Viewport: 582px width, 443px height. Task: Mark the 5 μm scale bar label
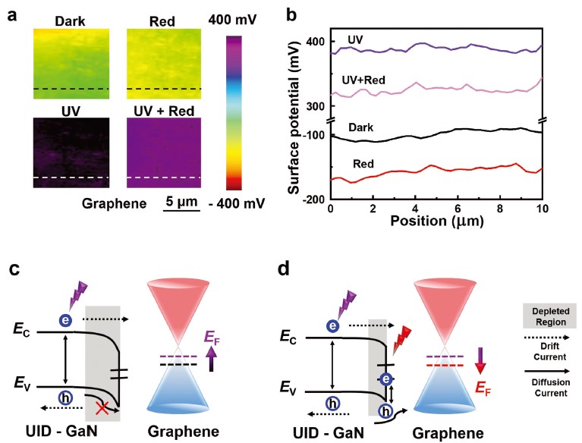click(x=183, y=203)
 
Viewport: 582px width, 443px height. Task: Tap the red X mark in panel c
click(x=101, y=408)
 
